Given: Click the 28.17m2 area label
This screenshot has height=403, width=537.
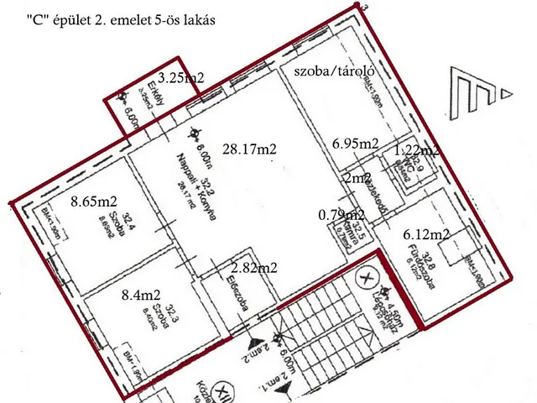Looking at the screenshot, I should (x=249, y=149).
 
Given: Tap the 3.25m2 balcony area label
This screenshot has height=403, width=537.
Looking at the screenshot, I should (x=181, y=78).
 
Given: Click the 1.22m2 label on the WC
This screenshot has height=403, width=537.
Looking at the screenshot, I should (x=417, y=150).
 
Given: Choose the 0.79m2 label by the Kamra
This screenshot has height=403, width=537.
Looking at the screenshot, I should (x=341, y=215).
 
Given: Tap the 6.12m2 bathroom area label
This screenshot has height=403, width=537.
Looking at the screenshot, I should (x=427, y=234).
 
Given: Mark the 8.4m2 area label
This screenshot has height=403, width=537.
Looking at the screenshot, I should (x=141, y=295).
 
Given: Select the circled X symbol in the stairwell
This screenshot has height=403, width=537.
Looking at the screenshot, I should (x=367, y=275).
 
